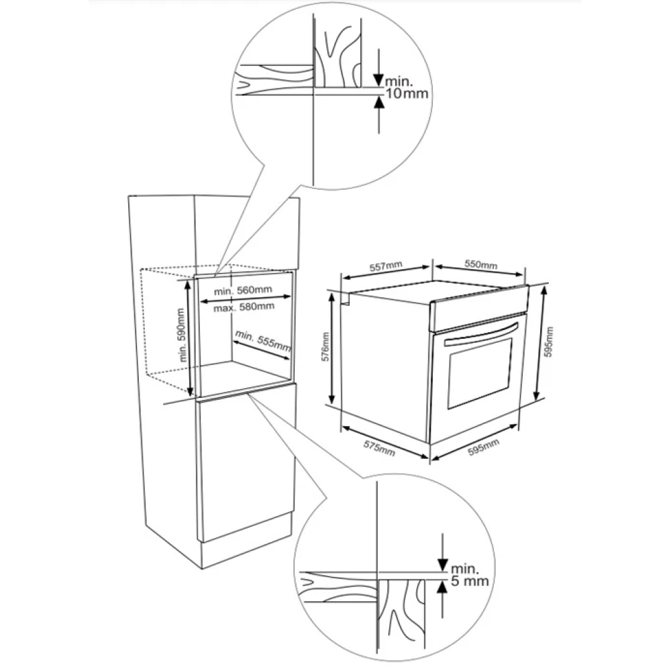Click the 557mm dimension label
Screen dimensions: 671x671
tap(386, 266)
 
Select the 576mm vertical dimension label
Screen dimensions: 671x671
tap(325, 347)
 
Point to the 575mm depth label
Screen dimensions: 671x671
tap(379, 448)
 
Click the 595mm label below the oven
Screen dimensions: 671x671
tap(484, 447)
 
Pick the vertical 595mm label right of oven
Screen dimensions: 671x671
tap(550, 342)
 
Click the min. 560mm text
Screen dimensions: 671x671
tap(243, 291)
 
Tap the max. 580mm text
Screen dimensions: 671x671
tap(244, 307)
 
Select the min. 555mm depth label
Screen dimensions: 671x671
tap(263, 341)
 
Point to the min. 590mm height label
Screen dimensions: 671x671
tap(182, 335)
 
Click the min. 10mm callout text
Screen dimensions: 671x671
tap(407, 87)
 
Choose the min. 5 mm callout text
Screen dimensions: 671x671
tap(470, 575)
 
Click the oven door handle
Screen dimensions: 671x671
tap(481, 334)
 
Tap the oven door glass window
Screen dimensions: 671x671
tap(480, 372)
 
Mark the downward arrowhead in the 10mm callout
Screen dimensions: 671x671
tap(378, 80)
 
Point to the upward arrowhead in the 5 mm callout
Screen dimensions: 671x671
tap(442, 587)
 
